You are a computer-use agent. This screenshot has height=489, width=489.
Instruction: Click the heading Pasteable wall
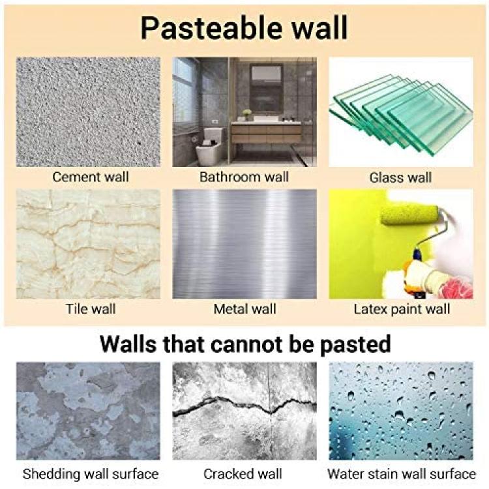click(244, 29)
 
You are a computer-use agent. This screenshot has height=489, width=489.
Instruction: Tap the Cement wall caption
click(91, 177)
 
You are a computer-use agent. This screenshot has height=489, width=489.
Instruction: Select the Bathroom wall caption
click(244, 177)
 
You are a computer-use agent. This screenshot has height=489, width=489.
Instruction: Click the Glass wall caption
click(400, 178)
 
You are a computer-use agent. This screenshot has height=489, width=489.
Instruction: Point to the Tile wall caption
click(91, 309)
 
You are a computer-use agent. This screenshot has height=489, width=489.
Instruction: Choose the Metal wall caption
click(244, 309)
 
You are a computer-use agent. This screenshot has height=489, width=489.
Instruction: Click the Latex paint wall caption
click(402, 309)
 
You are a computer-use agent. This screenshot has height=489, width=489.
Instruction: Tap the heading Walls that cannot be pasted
click(245, 344)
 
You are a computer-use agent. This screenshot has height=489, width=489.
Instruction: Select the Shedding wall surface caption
click(91, 475)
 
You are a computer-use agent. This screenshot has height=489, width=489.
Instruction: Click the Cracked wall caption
click(243, 474)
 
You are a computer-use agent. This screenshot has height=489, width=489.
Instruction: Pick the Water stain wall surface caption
click(402, 474)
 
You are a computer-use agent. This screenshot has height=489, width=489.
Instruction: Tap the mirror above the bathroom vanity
click(266, 88)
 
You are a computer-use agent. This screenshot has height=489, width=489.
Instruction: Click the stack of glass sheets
click(401, 115)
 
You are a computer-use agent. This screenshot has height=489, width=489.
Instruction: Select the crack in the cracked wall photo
click(244, 406)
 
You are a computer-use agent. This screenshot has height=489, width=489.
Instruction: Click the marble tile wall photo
click(88, 244)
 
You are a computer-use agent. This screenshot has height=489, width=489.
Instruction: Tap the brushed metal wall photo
click(244, 244)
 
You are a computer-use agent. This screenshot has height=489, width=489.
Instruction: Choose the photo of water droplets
click(401, 411)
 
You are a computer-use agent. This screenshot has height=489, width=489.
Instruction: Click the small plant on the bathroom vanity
click(246, 114)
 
